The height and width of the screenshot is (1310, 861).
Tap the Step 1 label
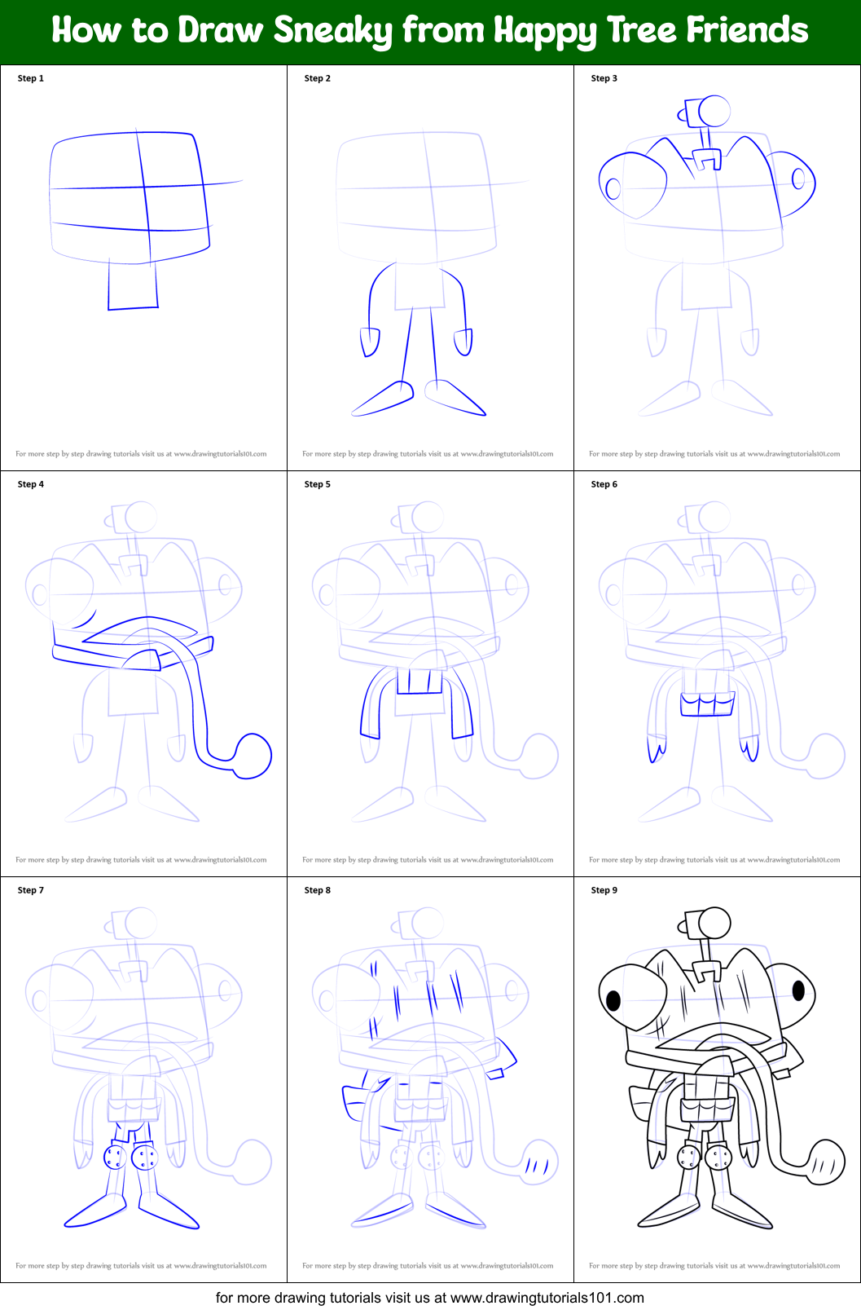[31, 78]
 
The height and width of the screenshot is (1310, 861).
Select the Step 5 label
[318, 484]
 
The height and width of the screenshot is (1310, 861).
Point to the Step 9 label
[604, 890]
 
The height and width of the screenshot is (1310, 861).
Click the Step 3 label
[604, 78]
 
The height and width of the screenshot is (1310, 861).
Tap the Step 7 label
[31, 890]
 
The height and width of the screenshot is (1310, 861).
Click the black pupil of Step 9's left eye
[614, 999]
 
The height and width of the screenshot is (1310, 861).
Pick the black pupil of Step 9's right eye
[798, 990]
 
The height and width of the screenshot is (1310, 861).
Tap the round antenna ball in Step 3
[714, 112]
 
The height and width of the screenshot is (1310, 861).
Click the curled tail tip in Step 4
[253, 756]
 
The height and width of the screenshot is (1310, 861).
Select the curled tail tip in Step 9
[827, 1162]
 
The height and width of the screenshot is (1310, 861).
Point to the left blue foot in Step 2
[382, 399]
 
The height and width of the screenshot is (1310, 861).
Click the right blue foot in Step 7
[170, 1212]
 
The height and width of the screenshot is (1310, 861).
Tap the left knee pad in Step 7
[115, 1157]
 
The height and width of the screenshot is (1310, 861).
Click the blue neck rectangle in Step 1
[133, 285]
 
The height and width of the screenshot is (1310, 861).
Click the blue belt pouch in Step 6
[707, 704]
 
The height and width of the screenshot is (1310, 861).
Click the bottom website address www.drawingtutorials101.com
[547, 1297]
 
